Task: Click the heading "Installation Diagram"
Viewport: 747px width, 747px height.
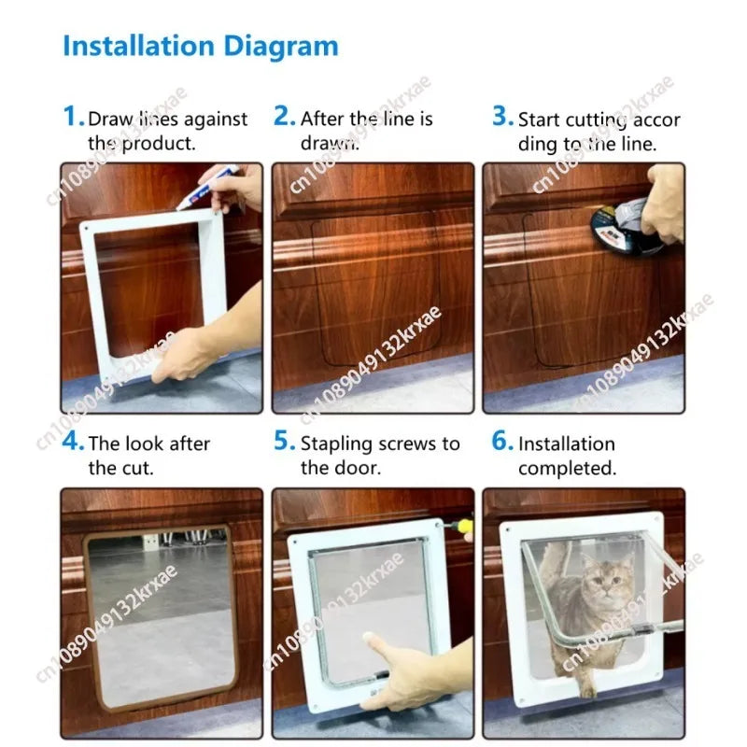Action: tap(200, 46)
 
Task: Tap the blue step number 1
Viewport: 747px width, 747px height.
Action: tap(73, 117)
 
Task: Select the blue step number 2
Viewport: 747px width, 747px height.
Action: tap(284, 117)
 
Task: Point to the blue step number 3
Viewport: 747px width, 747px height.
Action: tap(502, 117)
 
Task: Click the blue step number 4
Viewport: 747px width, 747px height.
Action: tap(73, 441)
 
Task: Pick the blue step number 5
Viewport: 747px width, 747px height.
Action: tap(284, 441)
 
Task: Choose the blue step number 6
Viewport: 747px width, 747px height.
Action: tap(502, 441)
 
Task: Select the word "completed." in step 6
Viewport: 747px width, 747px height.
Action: tap(567, 469)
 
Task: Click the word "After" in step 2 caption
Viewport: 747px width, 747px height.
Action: tap(322, 120)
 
